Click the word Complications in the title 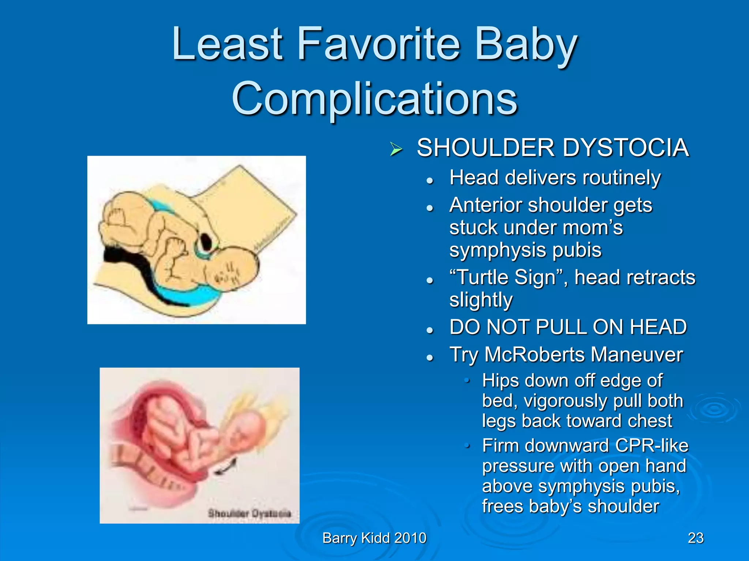click(x=374, y=99)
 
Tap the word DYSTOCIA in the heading click(x=625, y=148)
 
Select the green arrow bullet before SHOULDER click(x=396, y=149)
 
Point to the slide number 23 click(x=696, y=538)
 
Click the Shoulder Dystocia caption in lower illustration click(x=249, y=513)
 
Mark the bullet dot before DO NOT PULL click(x=430, y=330)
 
